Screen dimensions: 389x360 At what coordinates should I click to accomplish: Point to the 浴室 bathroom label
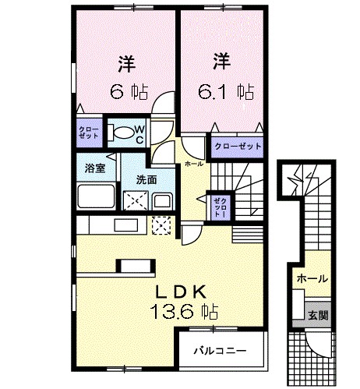(x=95, y=166)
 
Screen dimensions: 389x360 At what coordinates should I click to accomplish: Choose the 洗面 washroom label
(x=146, y=179)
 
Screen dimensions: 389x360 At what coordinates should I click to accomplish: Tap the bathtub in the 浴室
(x=96, y=195)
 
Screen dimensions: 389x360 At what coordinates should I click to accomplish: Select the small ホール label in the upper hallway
(x=194, y=164)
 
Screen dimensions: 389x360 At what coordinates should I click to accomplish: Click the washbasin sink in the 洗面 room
(x=163, y=200)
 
